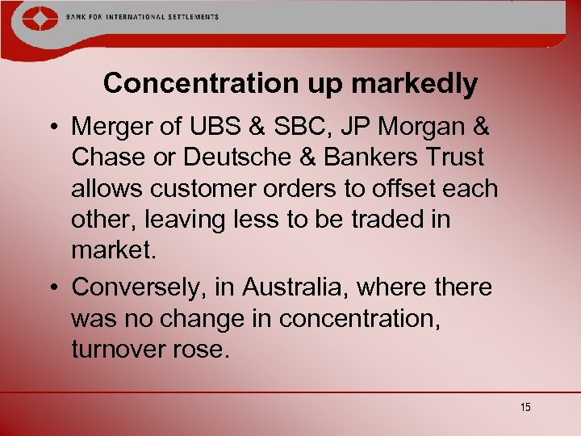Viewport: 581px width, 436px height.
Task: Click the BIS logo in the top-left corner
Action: pyautogui.click(x=32, y=19)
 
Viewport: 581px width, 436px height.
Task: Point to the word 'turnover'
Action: pyautogui.click(x=123, y=350)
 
